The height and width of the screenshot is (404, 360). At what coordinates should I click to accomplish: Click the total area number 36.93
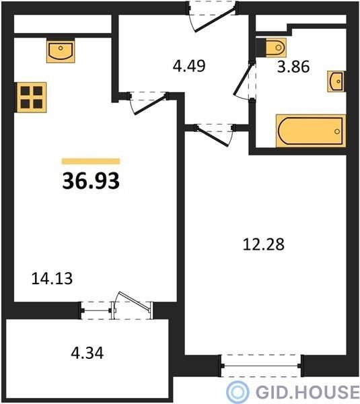(x=91, y=180)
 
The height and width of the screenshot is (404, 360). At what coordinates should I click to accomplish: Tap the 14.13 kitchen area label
(x=52, y=279)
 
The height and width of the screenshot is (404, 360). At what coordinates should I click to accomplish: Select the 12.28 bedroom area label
(x=263, y=244)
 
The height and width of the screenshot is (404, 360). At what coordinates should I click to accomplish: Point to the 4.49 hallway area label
(x=189, y=66)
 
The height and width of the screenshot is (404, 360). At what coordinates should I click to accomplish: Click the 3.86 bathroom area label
(x=293, y=67)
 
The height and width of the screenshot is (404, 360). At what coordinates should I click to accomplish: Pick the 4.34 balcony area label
(x=87, y=353)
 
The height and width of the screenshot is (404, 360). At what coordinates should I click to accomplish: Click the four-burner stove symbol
(x=32, y=98)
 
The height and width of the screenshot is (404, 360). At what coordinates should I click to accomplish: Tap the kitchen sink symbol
(x=61, y=50)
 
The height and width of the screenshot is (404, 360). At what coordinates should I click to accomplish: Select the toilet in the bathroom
(x=271, y=48)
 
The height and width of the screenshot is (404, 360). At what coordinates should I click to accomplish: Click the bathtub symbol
(x=311, y=131)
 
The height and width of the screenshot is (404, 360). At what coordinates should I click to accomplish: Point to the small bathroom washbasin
(x=336, y=81)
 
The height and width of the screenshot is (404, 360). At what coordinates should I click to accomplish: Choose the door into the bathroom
(x=245, y=81)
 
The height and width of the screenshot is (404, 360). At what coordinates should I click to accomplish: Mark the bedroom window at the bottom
(x=261, y=366)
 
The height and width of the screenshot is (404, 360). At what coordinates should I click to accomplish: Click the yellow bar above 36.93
(x=91, y=162)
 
